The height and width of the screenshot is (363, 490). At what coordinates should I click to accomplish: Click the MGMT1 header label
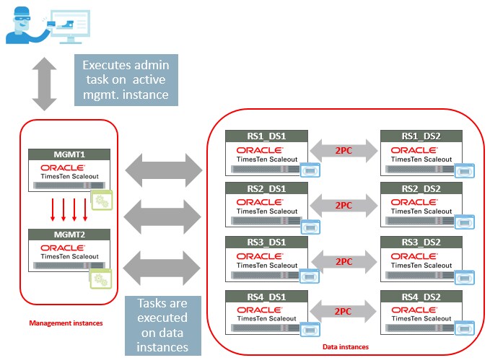69,154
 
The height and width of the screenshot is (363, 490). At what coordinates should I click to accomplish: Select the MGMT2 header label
69,235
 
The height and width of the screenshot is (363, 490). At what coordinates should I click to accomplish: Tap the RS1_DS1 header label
266,136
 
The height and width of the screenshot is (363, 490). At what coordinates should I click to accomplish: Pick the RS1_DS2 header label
421,136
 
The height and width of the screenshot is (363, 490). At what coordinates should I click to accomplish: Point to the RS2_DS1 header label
266,188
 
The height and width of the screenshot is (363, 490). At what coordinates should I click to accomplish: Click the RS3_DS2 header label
421,242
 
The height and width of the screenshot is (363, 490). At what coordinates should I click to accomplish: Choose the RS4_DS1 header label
266,295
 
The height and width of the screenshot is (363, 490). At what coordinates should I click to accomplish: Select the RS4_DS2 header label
421,295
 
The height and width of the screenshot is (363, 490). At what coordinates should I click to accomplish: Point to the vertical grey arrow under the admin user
45,84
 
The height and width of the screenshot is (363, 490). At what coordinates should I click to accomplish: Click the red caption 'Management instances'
65,323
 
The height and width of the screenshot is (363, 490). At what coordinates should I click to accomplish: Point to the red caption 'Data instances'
345,347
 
